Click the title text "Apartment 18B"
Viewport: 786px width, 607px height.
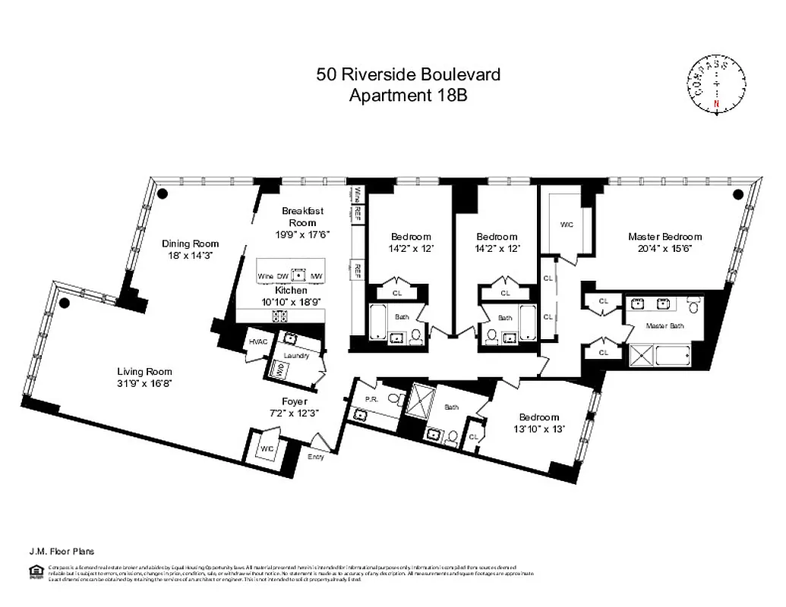pos(408,95)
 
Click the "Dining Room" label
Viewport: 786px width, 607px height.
pos(190,244)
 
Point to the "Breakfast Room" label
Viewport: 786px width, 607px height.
pos(298,216)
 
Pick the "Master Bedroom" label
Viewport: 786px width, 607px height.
pos(664,236)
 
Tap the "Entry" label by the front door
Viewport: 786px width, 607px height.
pos(314,457)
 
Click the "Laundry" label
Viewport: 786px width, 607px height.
pos(295,355)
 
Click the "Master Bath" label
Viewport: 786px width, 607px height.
pos(661,326)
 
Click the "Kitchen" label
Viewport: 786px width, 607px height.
pos(291,290)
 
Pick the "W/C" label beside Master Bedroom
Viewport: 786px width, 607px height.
pos(566,225)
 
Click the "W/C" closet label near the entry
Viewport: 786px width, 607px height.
pos(266,448)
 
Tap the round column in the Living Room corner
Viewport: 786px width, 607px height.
pos(65,303)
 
